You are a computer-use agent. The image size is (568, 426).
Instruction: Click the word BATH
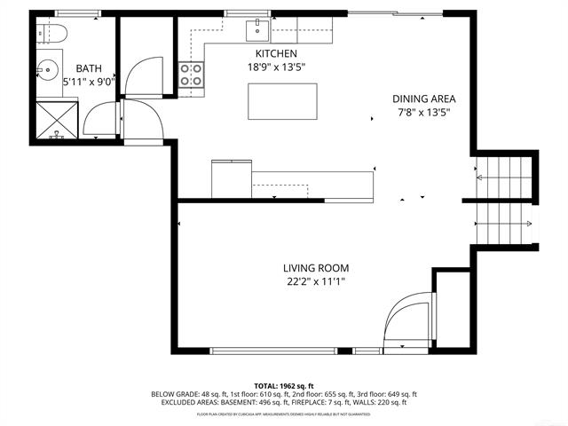coord(89,68)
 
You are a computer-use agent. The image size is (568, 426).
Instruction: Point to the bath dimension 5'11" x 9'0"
coord(90,82)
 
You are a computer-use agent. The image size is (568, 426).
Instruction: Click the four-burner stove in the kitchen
coord(191,75)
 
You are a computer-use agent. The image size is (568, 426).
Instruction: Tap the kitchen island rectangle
coord(282,100)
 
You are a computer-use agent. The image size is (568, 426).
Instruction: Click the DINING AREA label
coord(424,99)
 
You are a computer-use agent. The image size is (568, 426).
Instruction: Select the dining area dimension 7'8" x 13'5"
coord(424,112)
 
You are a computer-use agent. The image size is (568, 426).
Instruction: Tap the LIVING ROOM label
coord(316,268)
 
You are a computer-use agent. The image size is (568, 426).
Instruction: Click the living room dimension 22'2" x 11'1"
coord(316,282)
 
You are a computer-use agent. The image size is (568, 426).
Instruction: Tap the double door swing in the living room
coord(409,319)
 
